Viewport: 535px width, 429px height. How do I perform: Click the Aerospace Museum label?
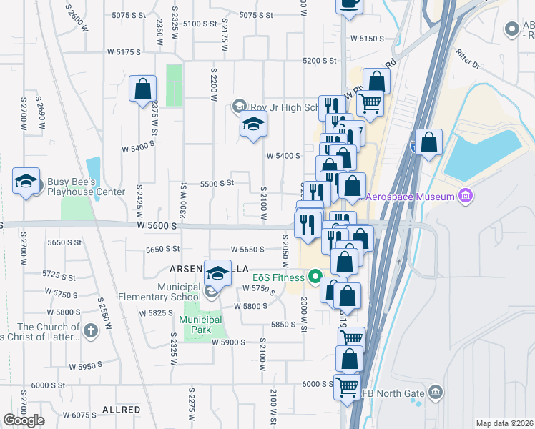[410, 197]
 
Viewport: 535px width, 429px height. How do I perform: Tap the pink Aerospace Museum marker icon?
[466, 195]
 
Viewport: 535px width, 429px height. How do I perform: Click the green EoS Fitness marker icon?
[314, 277]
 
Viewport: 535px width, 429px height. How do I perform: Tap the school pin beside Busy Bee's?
[26, 182]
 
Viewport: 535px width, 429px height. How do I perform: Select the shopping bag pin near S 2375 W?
[142, 89]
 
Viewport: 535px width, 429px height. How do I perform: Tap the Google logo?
[24, 420]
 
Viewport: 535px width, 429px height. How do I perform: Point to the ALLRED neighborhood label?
[121, 410]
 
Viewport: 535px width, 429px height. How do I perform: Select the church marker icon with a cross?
[90, 330]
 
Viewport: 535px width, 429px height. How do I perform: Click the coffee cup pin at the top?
[349, 4]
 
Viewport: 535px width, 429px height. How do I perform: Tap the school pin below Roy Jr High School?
[252, 125]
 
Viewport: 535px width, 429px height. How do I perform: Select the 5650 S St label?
[162, 249]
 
